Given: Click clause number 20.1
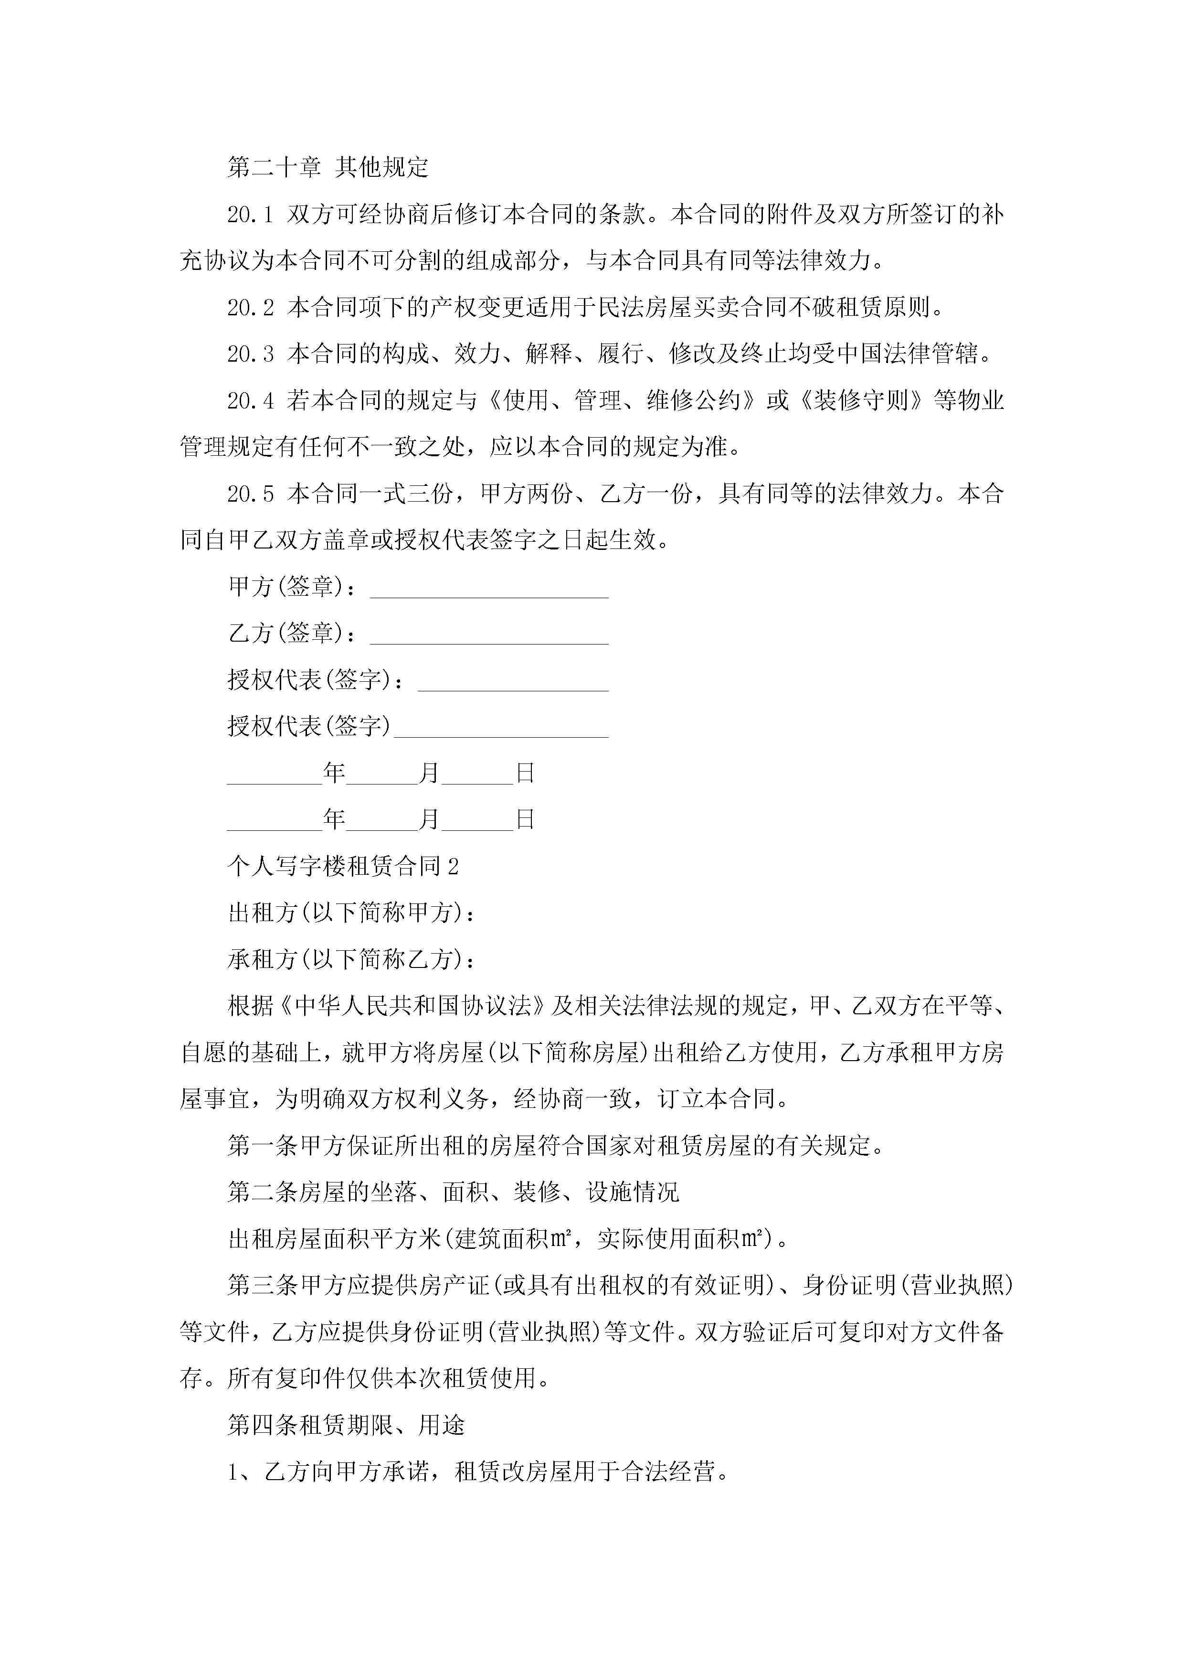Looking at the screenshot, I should pos(250,215).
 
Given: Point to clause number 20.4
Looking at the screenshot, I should pos(250,401).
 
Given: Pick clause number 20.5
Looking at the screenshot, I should pos(250,494).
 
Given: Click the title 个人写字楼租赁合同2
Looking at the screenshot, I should pos(343,867).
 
